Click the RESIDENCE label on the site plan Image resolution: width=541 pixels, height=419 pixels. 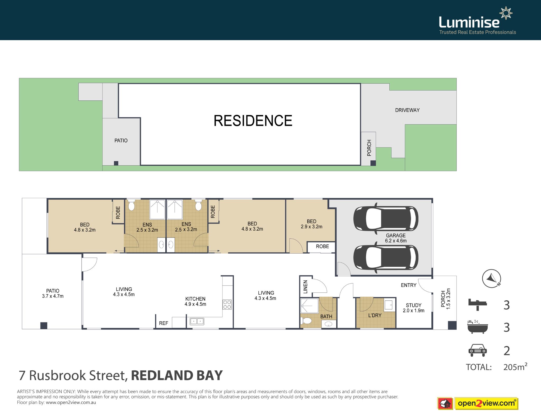pyautogui.click(x=253, y=121)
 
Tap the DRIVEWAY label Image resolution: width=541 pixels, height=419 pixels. pyautogui.click(x=407, y=110)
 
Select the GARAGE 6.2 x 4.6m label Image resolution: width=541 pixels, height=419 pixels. pyautogui.click(x=395, y=238)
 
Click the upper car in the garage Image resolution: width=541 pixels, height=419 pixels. pyautogui.click(x=386, y=218)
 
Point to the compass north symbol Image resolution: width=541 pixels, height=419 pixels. pyautogui.click(x=491, y=278)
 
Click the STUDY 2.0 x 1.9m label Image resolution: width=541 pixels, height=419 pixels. pyautogui.click(x=413, y=308)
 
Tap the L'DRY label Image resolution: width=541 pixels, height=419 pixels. pyautogui.click(x=375, y=315)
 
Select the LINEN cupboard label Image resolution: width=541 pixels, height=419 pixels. pyautogui.click(x=305, y=287)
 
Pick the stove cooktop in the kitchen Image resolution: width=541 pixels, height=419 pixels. pyautogui.click(x=227, y=305)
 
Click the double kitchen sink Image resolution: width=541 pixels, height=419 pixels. pyautogui.click(x=197, y=322)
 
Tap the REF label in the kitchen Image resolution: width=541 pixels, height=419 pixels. pyautogui.click(x=164, y=323)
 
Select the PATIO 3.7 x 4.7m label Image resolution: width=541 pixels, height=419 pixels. pyautogui.click(x=53, y=294)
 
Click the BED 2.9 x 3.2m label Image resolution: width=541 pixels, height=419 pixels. pyautogui.click(x=311, y=224)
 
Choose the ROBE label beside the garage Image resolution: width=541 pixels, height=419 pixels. pyautogui.click(x=322, y=246)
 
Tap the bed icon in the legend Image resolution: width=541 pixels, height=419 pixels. pyautogui.click(x=477, y=305)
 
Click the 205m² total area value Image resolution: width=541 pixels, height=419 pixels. pyautogui.click(x=515, y=367)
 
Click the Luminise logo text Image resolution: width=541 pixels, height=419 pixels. pyautogui.click(x=469, y=22)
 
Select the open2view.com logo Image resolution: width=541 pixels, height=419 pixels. pyautogui.click(x=486, y=403)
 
